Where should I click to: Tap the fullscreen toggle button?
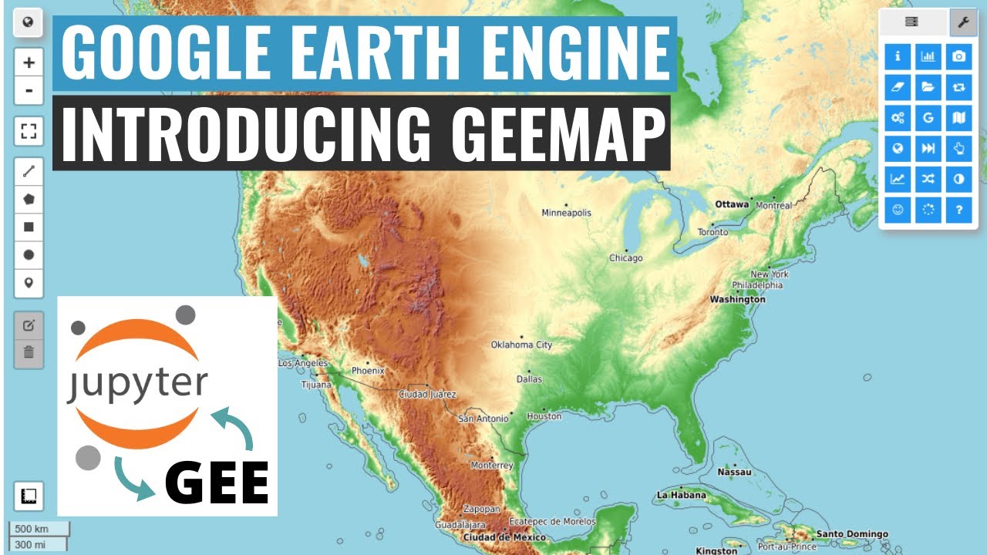(x=29, y=132)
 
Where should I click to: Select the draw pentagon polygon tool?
(x=29, y=199)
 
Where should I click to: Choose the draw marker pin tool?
(x=29, y=283)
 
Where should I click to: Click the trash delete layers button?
(x=29, y=353)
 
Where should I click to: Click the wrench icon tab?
(x=962, y=22)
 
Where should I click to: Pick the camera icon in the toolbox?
(x=958, y=57)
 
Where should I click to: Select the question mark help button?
(x=958, y=210)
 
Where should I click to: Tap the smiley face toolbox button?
(x=898, y=210)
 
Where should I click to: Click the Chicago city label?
(x=625, y=258)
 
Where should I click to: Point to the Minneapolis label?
(x=566, y=213)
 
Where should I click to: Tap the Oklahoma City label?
(x=522, y=345)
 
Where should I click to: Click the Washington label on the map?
(x=737, y=299)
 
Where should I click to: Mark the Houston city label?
(x=544, y=416)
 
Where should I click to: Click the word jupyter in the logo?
(x=136, y=383)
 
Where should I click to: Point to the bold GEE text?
(x=217, y=483)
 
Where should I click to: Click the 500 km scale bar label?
(x=32, y=529)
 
